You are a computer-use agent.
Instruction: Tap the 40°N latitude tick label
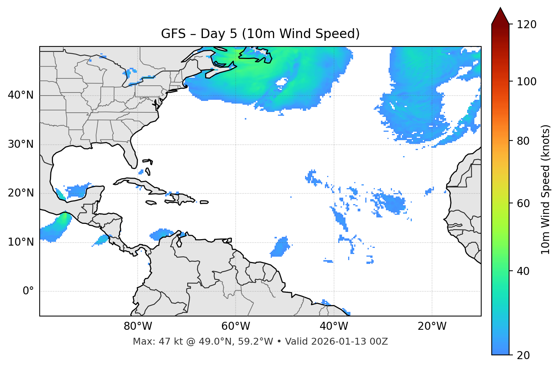21,95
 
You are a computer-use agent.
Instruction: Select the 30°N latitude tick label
21,144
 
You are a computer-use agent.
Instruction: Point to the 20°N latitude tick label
21,193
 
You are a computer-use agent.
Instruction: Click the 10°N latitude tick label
21,242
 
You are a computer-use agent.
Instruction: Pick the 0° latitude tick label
28,291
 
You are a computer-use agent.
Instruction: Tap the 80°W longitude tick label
138,326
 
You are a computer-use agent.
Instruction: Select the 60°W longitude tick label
236,326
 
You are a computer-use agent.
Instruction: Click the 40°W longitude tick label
334,326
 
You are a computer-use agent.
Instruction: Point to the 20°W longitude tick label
432,326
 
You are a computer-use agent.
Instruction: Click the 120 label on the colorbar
527,25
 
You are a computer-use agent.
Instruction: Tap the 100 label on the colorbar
527,81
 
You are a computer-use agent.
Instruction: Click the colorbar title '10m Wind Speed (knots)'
546,189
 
